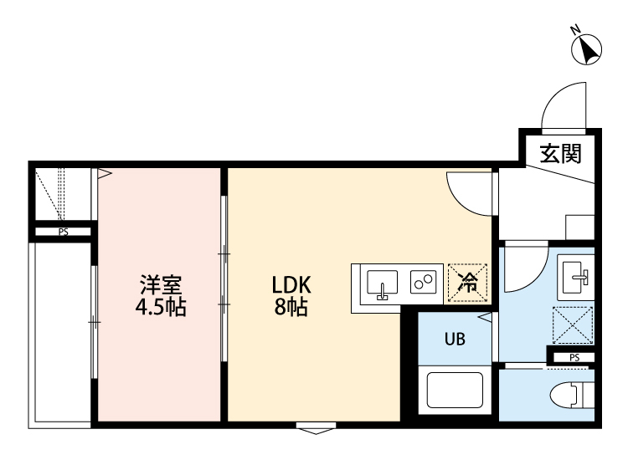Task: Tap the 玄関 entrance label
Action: coord(559,153)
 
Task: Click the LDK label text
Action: coord(291,284)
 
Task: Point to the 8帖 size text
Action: coord(291,307)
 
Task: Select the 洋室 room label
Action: coord(161,284)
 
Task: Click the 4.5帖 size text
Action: coord(161,307)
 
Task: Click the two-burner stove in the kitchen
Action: coord(423,282)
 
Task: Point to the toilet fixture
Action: coord(575,395)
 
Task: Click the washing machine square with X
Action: coord(573,325)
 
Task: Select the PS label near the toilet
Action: coord(573,357)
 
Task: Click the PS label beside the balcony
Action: coord(63,233)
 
